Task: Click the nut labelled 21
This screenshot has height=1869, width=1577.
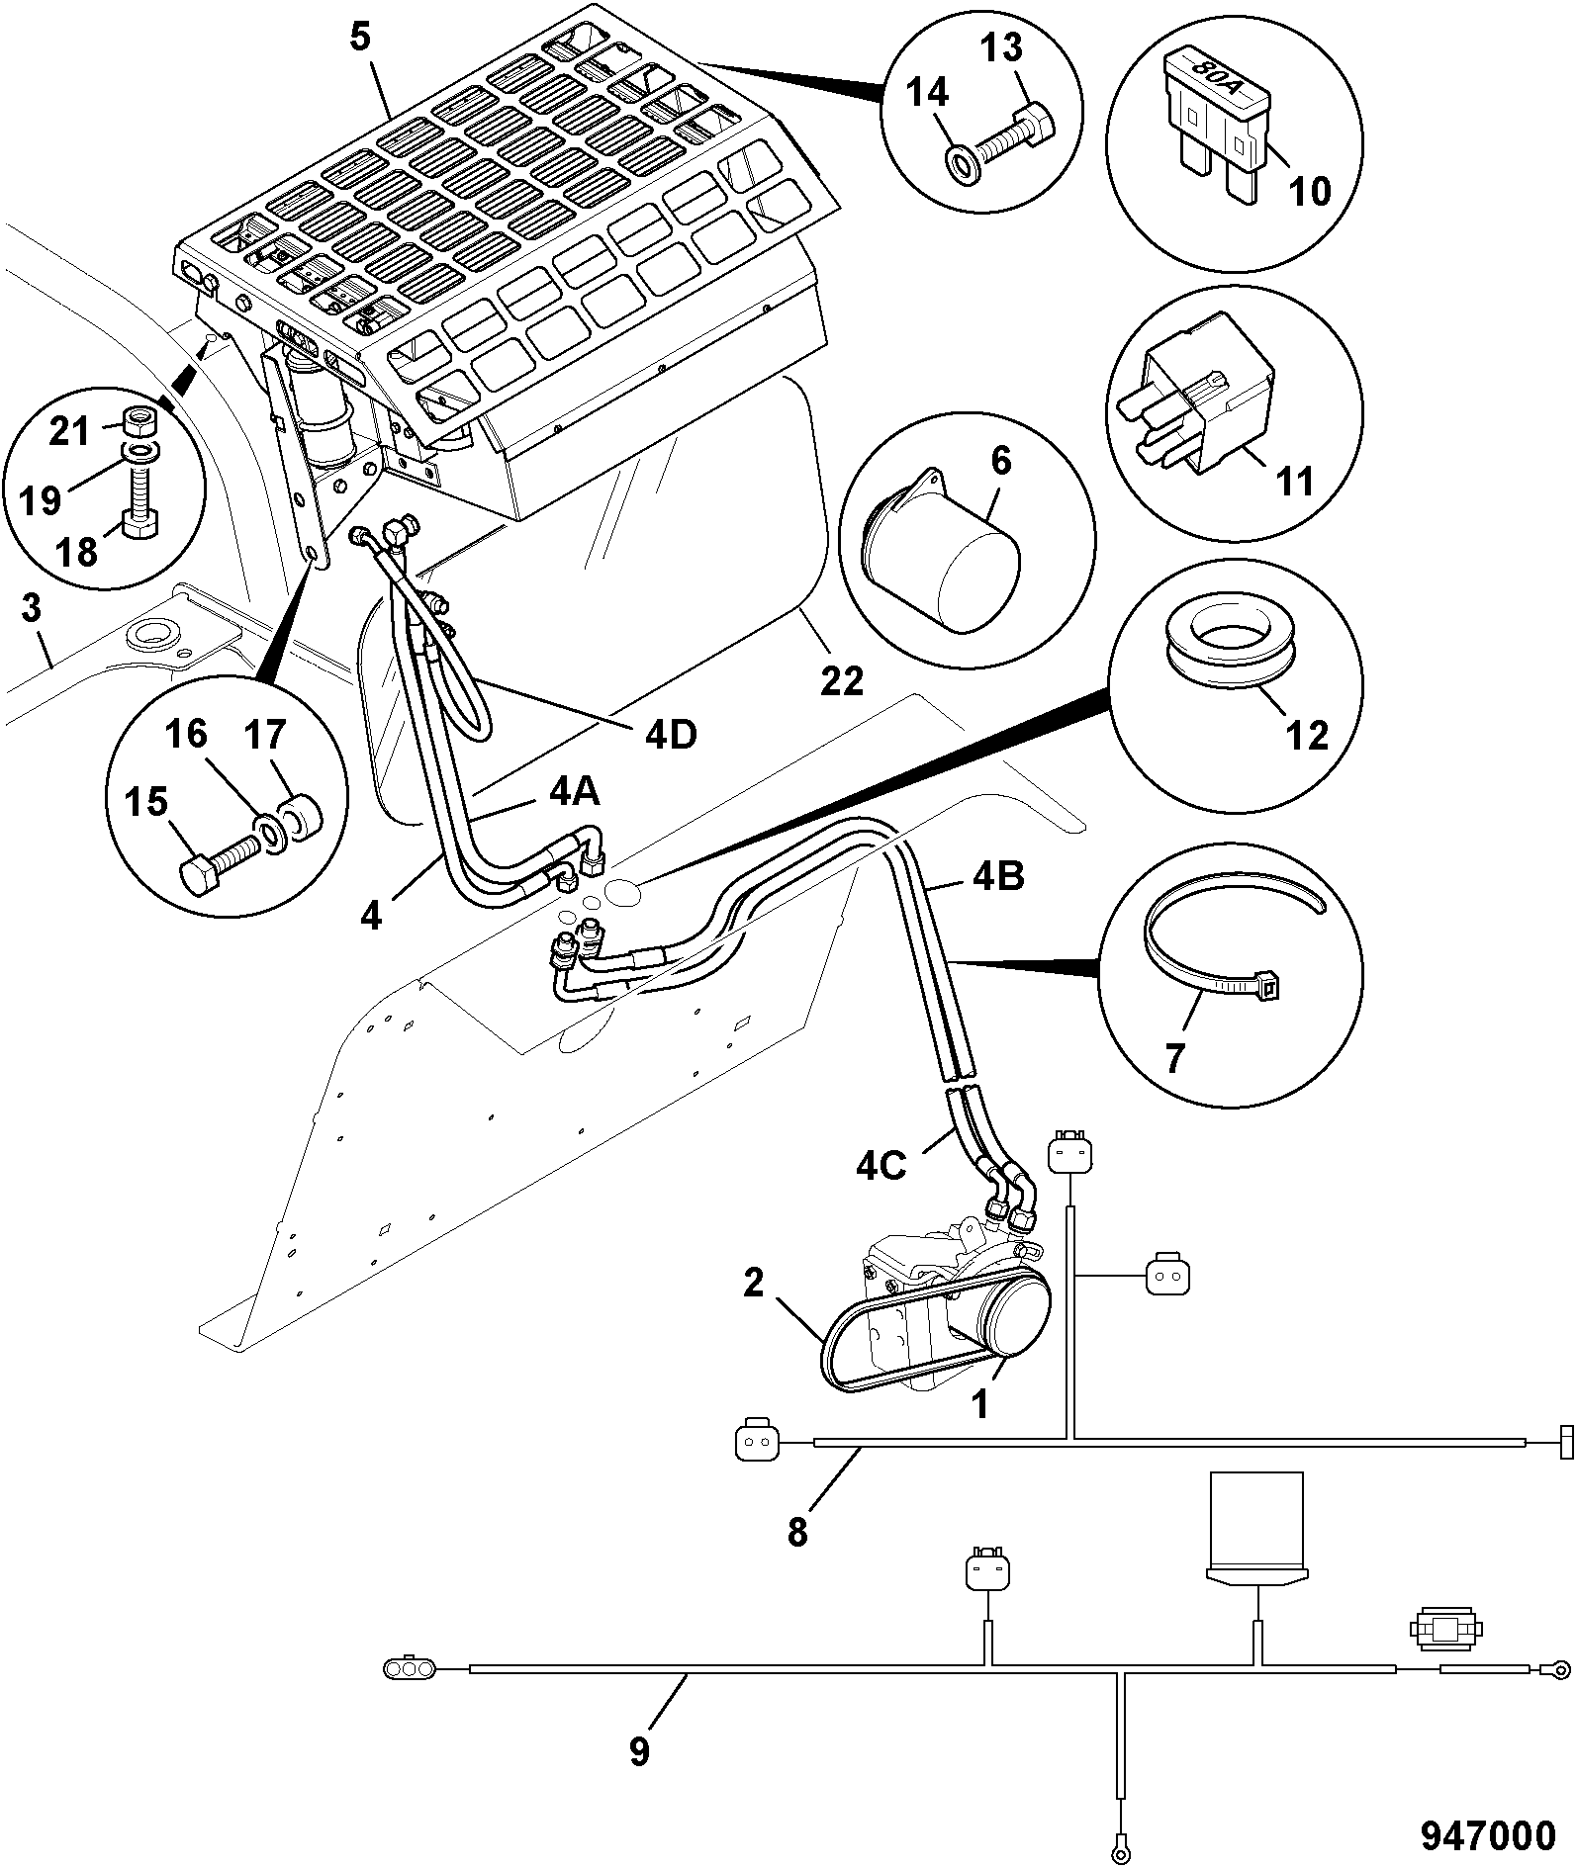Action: [141, 424]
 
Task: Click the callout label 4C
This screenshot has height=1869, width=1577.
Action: [881, 1167]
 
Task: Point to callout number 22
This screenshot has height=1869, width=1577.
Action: [842, 680]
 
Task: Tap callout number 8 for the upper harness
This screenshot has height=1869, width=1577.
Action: [797, 1532]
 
